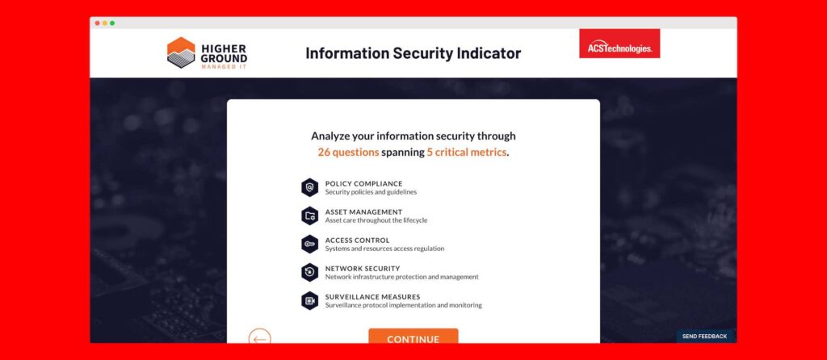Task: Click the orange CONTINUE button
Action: [413, 338]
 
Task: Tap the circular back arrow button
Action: [259, 338]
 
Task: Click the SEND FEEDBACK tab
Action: [704, 336]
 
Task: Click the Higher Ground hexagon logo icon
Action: [181, 52]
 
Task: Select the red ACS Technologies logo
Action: [619, 44]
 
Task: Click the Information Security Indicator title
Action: [413, 53]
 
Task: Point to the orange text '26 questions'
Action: [348, 152]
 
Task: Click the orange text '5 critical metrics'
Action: [466, 152]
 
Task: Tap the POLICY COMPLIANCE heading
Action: [363, 183]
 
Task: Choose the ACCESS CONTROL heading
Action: [357, 240]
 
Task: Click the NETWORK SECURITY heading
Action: [363, 268]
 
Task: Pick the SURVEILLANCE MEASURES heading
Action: [372, 296]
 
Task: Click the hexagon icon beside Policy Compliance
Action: [309, 187]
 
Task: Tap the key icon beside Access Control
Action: [309, 244]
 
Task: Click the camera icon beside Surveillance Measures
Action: [309, 300]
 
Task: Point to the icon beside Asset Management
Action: [309, 216]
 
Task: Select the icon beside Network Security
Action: [309, 272]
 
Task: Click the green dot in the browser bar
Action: [112, 23]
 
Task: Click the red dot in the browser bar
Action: [97, 23]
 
